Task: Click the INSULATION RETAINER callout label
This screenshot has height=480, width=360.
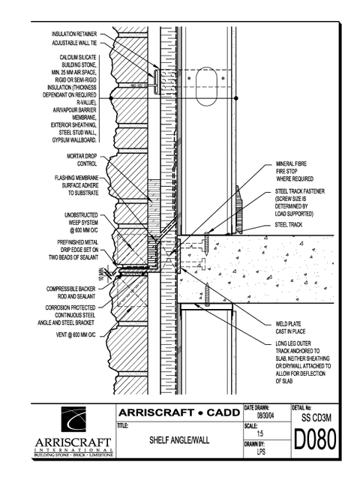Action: click(74, 34)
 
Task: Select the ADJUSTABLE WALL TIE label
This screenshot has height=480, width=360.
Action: click(74, 43)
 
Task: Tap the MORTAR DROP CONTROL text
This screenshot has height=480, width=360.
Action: click(82, 160)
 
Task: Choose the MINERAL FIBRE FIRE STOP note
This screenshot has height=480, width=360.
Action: click(295, 171)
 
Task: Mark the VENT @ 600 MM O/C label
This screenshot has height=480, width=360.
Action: click(76, 335)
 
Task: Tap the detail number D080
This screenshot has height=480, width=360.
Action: click(315, 439)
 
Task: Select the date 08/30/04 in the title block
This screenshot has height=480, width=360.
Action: click(265, 416)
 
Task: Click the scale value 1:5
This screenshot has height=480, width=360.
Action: click(260, 433)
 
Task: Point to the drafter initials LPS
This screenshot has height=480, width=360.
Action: click(261, 451)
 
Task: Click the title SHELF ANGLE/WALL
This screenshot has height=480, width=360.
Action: click(179, 440)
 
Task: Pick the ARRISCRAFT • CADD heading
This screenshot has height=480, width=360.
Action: click(179, 412)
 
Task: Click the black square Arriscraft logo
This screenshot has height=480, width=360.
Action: click(73, 419)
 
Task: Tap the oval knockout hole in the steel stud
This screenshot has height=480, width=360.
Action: click(206, 87)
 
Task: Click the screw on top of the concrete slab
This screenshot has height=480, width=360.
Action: click(207, 244)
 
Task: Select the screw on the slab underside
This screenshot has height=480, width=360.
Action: click(207, 295)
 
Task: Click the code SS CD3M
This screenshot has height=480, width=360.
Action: click(316, 418)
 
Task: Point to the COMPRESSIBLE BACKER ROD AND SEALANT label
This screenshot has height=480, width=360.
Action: click(70, 292)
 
